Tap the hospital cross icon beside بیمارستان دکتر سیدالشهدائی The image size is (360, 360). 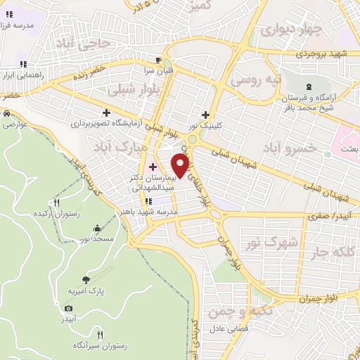pyautogui.click(x=153, y=167)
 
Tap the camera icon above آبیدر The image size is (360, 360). pyautogui.click(x=68, y=308)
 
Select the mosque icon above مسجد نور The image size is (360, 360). pyautogui.click(x=97, y=229)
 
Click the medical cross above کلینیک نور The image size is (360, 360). pyautogui.click(x=205, y=115)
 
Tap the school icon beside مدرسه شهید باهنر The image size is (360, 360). pyautogui.click(x=147, y=201)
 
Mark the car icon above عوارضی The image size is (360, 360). pyautogui.click(x=6, y=113)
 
